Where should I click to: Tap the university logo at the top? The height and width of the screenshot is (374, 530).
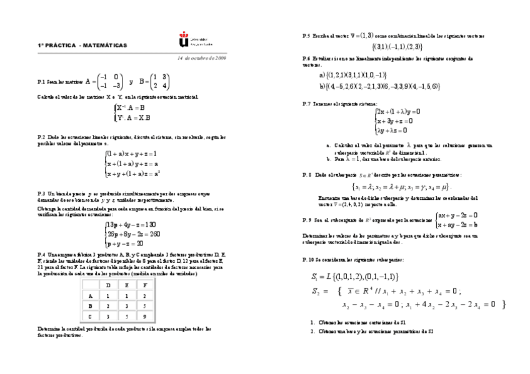tap(183, 42)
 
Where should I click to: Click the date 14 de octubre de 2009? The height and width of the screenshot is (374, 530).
tap(201, 58)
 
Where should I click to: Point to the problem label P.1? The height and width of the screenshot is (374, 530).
tap(41, 82)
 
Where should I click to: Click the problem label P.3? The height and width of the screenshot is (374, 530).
tap(41, 194)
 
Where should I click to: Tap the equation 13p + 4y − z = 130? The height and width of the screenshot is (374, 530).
tap(131, 225)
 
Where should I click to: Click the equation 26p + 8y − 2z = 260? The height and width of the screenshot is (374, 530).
tap(134, 234)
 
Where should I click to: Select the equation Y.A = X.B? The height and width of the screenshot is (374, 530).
tap(133, 117)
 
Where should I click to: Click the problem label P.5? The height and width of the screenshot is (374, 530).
tap(306, 36)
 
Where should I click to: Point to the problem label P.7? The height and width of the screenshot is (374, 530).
tap(306, 103)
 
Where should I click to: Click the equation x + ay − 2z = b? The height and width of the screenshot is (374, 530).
tap(458, 225)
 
